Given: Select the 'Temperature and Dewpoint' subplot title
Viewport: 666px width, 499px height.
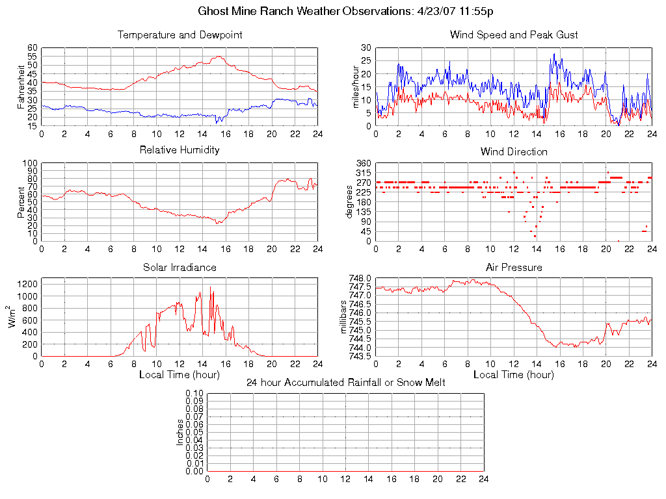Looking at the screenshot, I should [180, 35].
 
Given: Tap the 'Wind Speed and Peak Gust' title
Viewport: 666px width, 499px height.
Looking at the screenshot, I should [514, 35].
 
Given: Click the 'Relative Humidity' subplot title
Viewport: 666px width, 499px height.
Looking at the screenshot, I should [180, 150].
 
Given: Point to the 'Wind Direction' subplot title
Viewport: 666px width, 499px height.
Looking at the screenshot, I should [514, 152].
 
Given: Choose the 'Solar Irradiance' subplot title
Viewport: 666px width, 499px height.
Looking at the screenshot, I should [180, 268].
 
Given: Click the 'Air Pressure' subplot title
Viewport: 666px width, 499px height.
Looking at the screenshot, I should [514, 268].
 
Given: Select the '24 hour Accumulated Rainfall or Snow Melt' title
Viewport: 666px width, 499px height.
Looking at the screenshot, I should [345, 383].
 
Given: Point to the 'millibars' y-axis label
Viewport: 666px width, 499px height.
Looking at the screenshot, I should [347, 317].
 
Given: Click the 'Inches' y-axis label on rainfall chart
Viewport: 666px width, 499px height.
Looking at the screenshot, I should [180, 432].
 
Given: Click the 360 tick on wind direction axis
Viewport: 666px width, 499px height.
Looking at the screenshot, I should [364, 163].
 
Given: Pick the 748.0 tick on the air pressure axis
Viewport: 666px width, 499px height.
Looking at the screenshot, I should [360, 278].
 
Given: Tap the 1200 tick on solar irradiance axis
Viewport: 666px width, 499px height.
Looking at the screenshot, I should [28, 284].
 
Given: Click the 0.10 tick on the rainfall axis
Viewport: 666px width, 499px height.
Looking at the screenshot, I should [194, 393].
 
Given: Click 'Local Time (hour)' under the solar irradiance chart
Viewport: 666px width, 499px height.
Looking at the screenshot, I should [180, 375].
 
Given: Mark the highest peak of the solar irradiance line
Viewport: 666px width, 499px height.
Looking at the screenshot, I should [210, 288].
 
